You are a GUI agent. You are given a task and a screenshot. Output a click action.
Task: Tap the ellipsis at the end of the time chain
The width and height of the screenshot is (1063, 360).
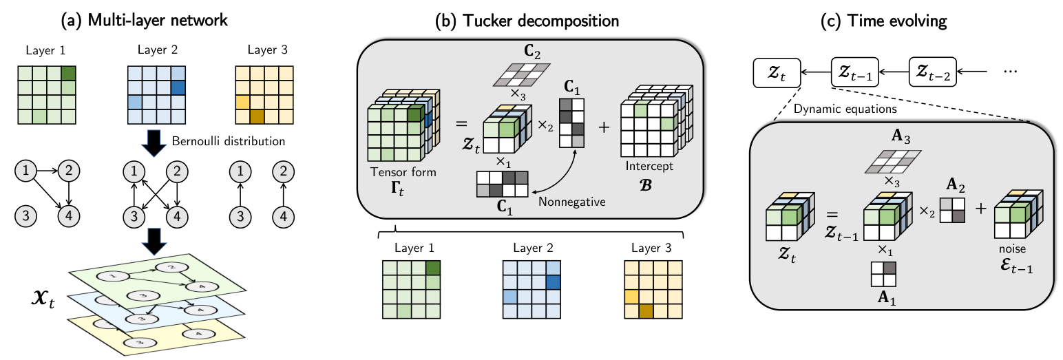click(1008, 71)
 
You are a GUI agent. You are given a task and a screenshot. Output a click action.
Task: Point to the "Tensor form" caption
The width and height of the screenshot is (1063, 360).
click(393, 172)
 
